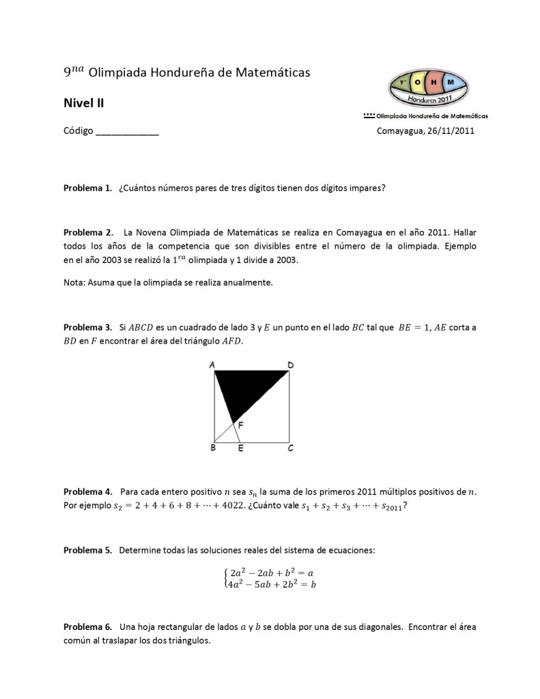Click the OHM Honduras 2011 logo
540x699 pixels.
point(427,90)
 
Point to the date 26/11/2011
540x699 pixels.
point(451,131)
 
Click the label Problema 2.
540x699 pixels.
point(87,233)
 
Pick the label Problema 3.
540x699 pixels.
point(87,327)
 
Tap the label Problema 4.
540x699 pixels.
point(87,492)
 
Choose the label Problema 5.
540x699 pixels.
point(87,551)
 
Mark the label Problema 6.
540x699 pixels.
point(87,627)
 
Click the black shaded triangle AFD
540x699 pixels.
point(247,388)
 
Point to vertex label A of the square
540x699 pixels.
point(212,366)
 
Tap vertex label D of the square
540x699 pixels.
point(291,366)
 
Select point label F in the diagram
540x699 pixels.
point(241,425)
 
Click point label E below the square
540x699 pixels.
point(240,449)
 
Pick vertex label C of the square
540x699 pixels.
point(291,449)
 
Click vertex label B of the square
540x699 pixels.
point(213,449)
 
